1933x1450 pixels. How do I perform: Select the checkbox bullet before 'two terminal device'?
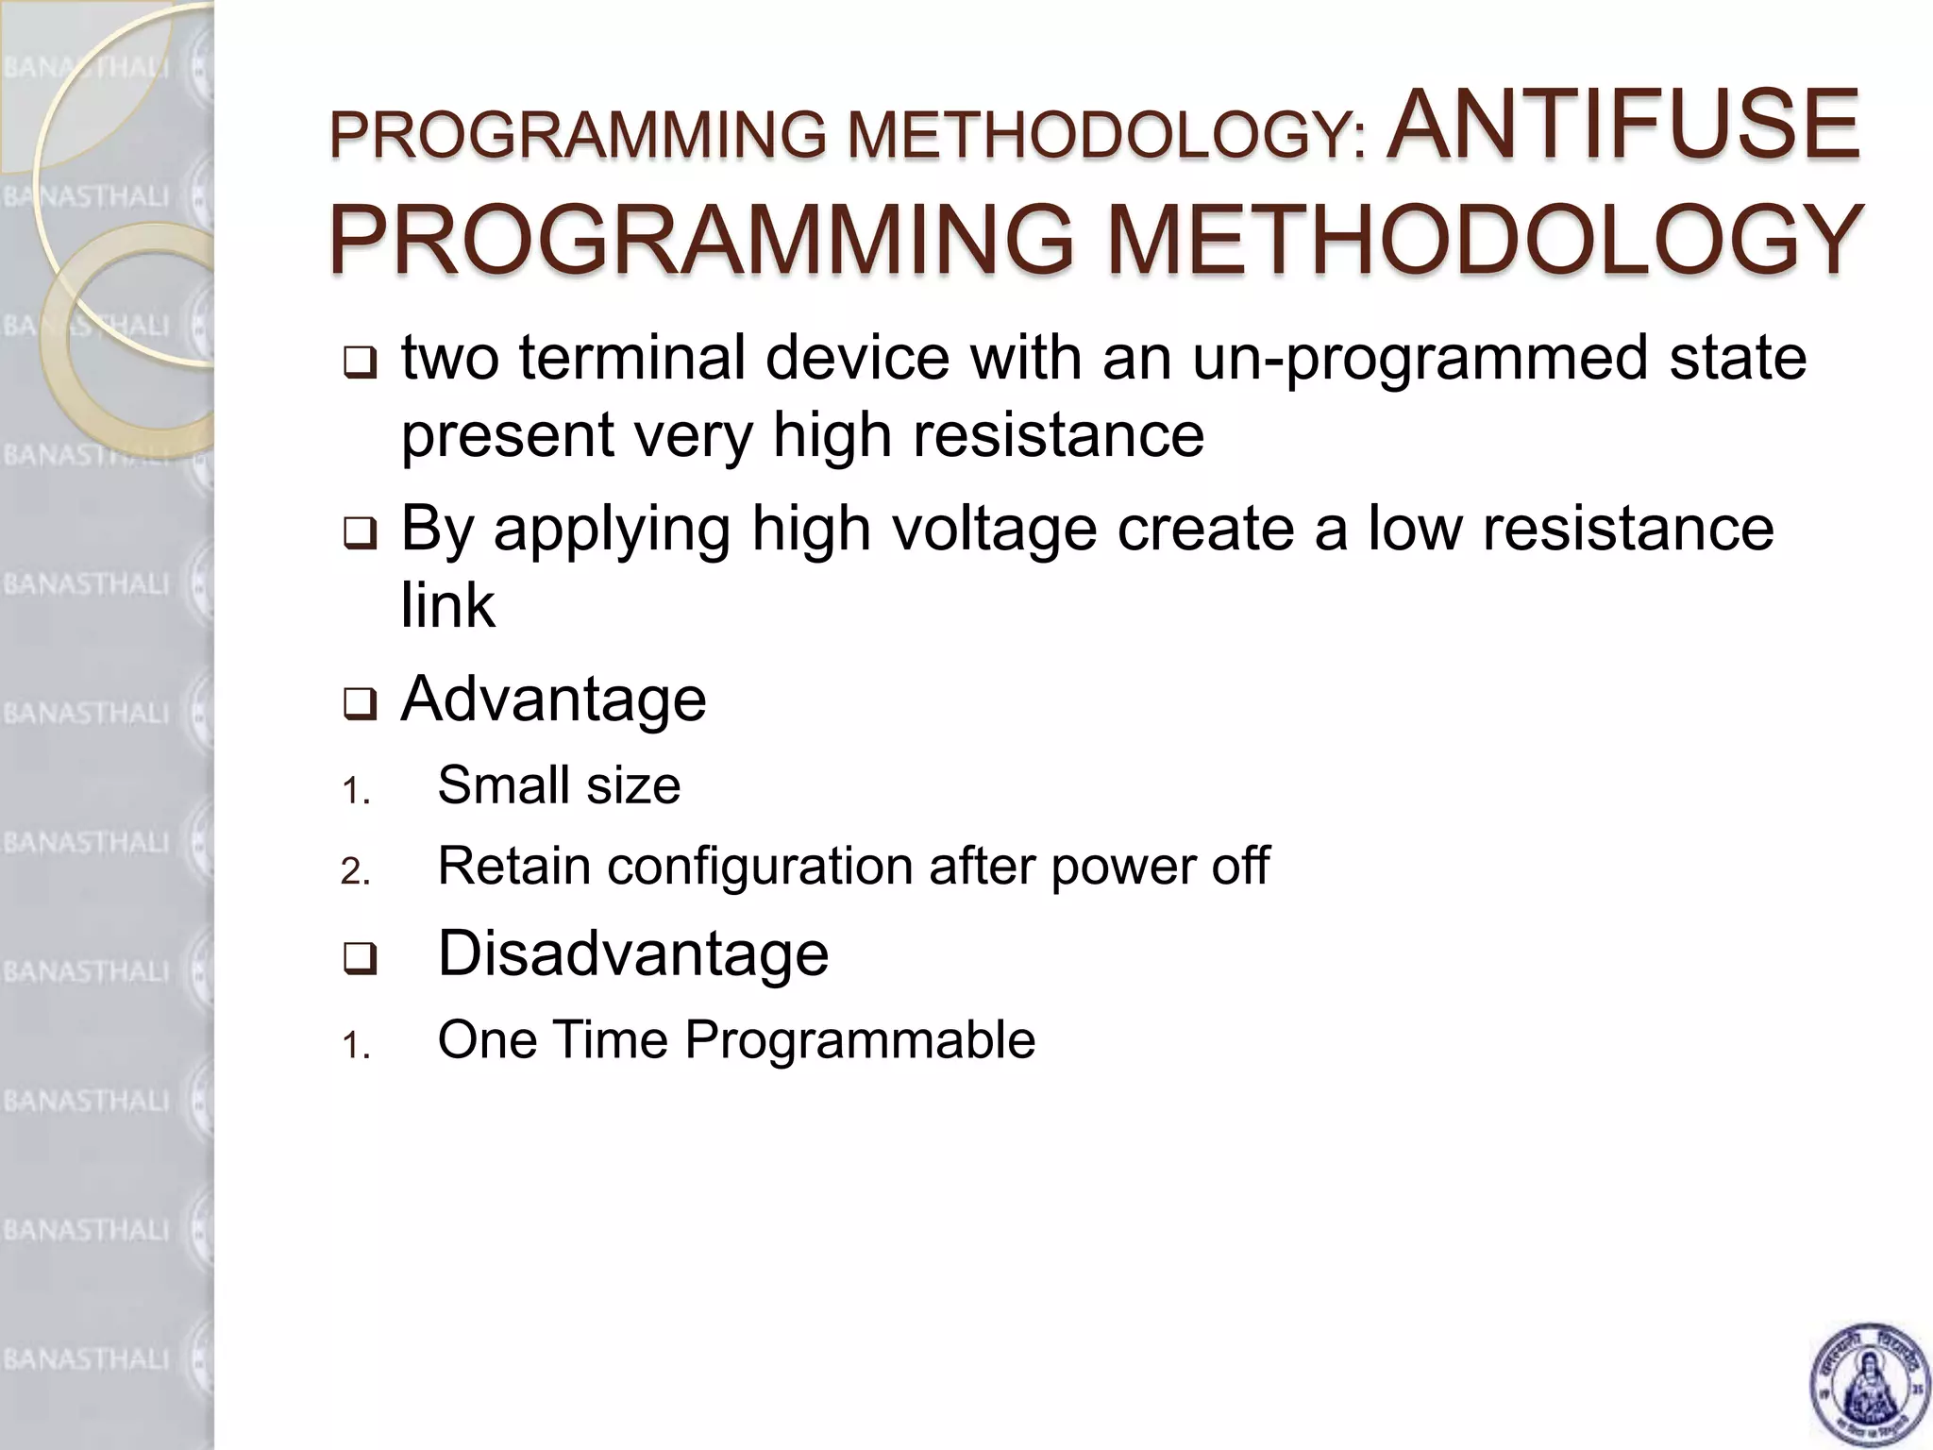click(x=360, y=362)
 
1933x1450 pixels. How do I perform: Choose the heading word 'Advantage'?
click(x=554, y=700)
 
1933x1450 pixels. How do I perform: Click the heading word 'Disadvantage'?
click(x=633, y=953)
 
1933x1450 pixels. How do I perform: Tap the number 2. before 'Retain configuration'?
click(x=355, y=871)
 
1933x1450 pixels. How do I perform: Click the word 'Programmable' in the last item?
click(x=860, y=1040)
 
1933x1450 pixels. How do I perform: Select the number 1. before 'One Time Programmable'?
click(x=355, y=1046)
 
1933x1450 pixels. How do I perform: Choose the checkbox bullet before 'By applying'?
click(x=360, y=534)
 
